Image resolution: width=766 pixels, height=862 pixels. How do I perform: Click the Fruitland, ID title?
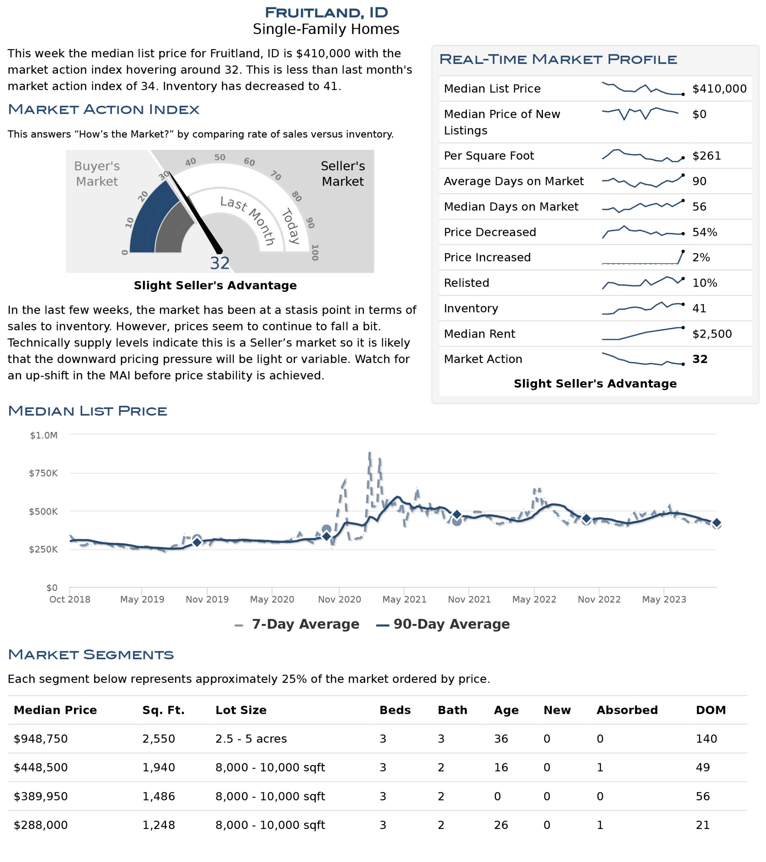click(326, 12)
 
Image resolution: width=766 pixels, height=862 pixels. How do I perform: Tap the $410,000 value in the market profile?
click(719, 89)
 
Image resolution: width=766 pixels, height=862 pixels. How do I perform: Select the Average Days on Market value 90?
click(699, 181)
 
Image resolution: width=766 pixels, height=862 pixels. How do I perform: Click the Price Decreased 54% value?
click(704, 232)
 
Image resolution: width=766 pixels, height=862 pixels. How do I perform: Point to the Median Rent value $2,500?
click(712, 334)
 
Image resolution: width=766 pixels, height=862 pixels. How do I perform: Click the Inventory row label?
click(471, 309)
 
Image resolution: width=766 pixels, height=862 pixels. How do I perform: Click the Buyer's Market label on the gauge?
click(97, 174)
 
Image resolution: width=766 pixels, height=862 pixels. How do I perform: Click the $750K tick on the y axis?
click(43, 473)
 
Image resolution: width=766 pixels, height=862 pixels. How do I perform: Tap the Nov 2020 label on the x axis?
click(339, 599)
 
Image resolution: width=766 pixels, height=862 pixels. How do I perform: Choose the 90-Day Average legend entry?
click(442, 624)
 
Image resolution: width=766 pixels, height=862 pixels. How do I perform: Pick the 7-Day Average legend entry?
click(297, 624)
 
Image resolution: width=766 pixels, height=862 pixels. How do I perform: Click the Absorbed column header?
click(627, 710)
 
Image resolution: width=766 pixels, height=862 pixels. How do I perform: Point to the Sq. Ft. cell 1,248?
click(159, 825)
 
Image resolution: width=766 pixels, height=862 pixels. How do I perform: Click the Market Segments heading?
click(91, 655)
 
